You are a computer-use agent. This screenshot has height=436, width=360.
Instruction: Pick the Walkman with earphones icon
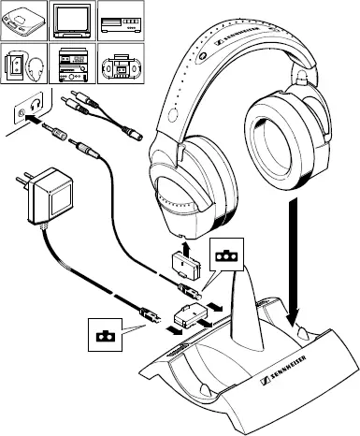(24, 65)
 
